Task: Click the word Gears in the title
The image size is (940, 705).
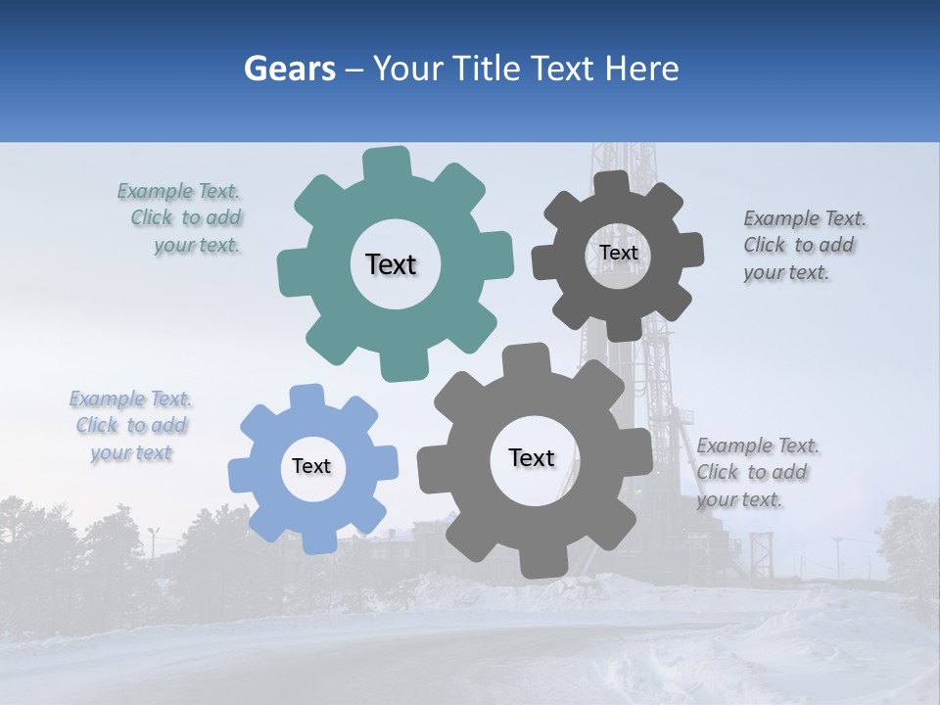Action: (x=288, y=69)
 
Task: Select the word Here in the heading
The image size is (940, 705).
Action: (x=641, y=69)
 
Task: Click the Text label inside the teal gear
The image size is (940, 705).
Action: (x=391, y=264)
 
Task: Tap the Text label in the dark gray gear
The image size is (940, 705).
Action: (x=618, y=253)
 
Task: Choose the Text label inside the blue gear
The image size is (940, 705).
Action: (x=311, y=467)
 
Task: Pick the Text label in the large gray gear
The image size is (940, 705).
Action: (x=532, y=457)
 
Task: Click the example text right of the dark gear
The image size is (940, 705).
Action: (x=803, y=246)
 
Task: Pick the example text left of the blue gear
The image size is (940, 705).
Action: (x=131, y=426)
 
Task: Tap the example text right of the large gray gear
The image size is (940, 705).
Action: (x=755, y=473)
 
